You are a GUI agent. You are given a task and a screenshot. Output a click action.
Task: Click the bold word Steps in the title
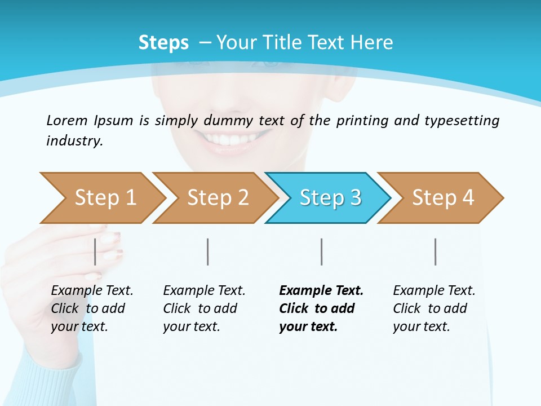[163, 43]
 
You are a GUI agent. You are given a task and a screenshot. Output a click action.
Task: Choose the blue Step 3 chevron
[330, 198]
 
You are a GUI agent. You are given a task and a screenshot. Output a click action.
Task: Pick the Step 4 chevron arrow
[443, 198]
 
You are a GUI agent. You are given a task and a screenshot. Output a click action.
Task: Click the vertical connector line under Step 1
[95, 251]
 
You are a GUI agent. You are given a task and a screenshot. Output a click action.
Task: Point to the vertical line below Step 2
[208, 251]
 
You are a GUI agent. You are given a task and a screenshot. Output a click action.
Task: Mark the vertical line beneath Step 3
[322, 251]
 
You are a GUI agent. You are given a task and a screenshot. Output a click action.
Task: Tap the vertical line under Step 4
[436, 251]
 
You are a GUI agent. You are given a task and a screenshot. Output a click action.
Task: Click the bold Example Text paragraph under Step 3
[321, 308]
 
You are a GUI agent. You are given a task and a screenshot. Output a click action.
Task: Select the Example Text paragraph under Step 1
[92, 308]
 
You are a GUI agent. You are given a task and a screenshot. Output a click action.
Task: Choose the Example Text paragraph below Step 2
[204, 308]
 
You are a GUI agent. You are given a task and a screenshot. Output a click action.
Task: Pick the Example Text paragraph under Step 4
[434, 308]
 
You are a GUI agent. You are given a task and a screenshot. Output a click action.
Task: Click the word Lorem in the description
[67, 120]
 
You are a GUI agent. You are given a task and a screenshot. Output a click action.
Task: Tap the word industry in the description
[74, 141]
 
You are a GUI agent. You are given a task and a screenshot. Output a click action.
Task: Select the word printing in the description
[362, 121]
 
